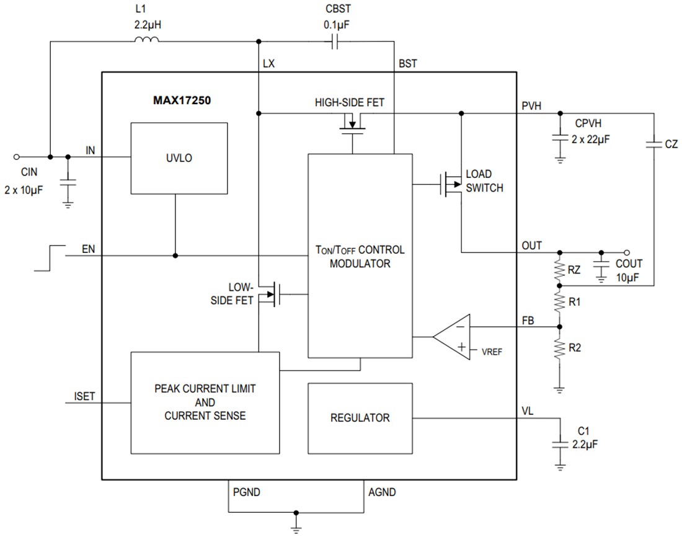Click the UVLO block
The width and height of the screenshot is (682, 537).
click(x=178, y=158)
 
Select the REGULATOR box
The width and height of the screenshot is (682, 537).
click(x=360, y=418)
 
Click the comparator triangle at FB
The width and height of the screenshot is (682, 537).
click(x=451, y=337)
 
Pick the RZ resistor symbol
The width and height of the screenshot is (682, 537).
click(x=560, y=268)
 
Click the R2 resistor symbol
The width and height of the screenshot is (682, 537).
click(x=560, y=348)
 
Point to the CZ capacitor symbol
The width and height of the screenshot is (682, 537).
click(x=653, y=144)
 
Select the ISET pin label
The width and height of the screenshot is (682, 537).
click(x=84, y=396)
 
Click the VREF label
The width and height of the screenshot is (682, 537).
click(x=492, y=351)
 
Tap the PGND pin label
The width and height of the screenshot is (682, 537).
click(x=246, y=492)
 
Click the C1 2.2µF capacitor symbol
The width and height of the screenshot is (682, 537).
click(x=560, y=444)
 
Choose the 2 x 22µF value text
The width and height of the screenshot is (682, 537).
click(x=591, y=140)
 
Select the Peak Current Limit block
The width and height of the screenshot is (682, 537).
click(x=205, y=402)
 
